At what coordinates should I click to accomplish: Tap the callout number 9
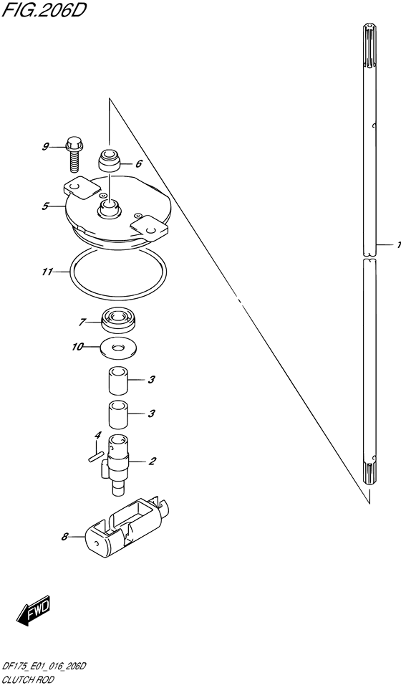click(45, 148)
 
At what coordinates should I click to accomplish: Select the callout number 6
click(138, 163)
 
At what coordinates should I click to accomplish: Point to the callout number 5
click(45, 206)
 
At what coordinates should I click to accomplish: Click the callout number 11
click(47, 272)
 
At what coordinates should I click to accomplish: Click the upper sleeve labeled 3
click(118, 381)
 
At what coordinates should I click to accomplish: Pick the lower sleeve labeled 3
click(118, 414)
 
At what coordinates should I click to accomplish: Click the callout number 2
click(152, 461)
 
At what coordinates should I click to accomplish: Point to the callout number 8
click(64, 535)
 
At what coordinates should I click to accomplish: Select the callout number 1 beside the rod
click(397, 245)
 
